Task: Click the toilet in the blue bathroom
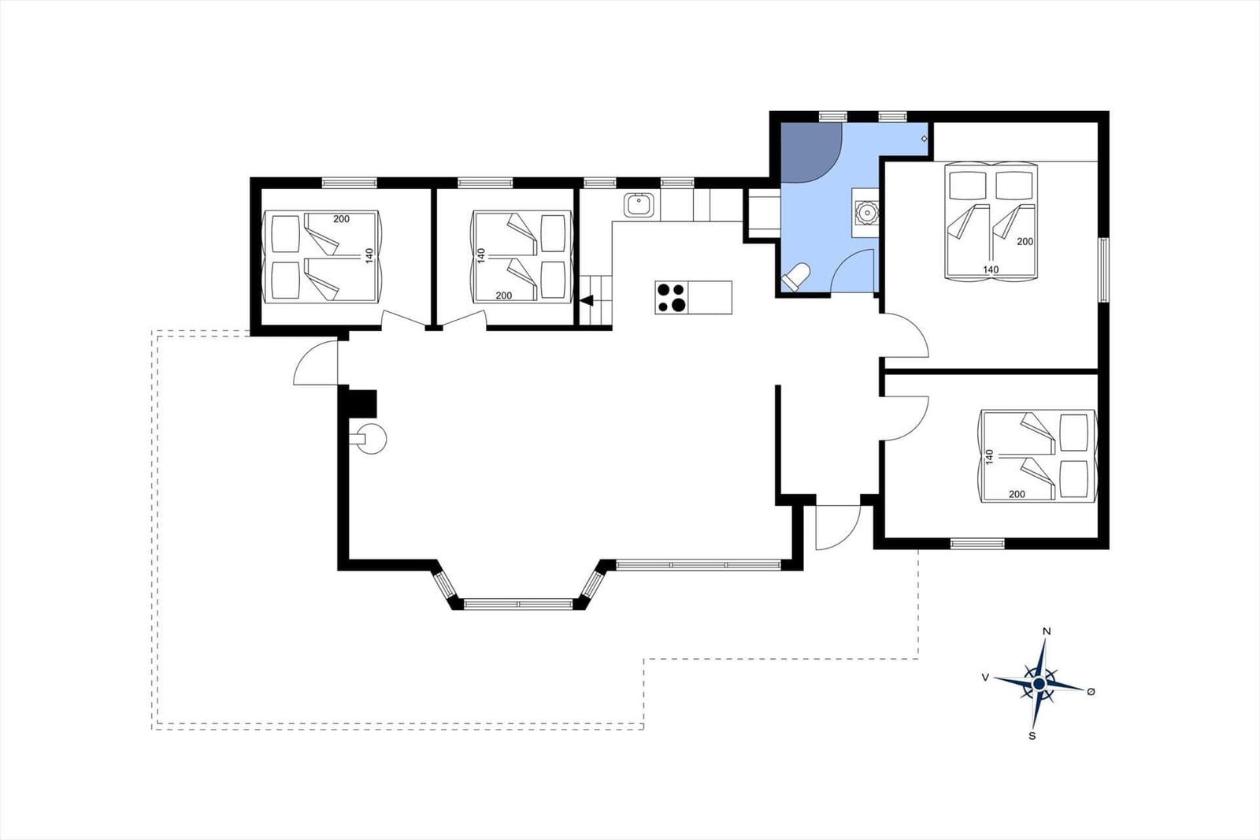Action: [x=795, y=277]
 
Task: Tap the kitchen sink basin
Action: [x=639, y=205]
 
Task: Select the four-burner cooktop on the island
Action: [x=672, y=297]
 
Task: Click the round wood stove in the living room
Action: [x=371, y=438]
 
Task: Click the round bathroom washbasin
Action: [x=867, y=213]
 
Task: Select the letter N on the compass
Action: [x=1047, y=631]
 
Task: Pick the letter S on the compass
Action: [x=1032, y=736]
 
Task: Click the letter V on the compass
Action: [x=985, y=678]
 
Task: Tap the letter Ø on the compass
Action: [x=1091, y=692]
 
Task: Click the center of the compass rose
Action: [x=1039, y=683]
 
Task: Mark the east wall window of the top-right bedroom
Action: [x=1103, y=270]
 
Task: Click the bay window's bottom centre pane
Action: [x=518, y=604]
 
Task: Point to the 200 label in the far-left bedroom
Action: [x=342, y=219]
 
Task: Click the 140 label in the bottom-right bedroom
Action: [x=990, y=456]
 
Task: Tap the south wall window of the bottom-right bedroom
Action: [x=977, y=544]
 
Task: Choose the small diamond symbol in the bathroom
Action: [x=924, y=139]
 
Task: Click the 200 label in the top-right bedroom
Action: [x=1025, y=242]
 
